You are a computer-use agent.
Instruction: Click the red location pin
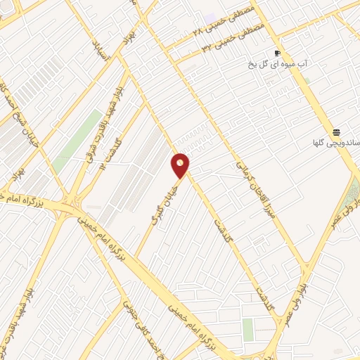point(181,165)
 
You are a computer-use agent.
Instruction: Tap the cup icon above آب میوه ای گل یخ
point(278,53)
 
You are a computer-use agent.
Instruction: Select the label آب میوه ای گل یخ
point(278,64)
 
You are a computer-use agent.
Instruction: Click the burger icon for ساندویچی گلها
point(337,133)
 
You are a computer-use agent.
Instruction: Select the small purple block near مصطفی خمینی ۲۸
point(212,17)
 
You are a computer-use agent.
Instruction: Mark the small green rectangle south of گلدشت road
point(248,329)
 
